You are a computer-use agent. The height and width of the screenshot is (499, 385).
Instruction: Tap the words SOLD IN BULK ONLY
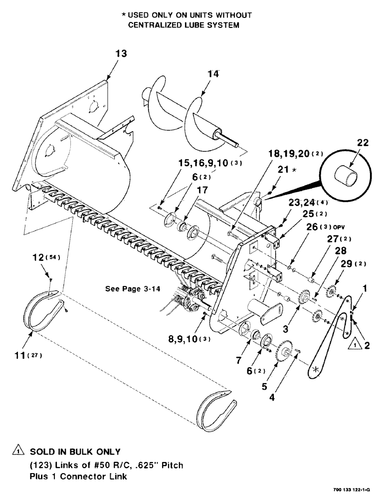75,452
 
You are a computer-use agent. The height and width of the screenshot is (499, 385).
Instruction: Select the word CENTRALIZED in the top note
158,25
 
